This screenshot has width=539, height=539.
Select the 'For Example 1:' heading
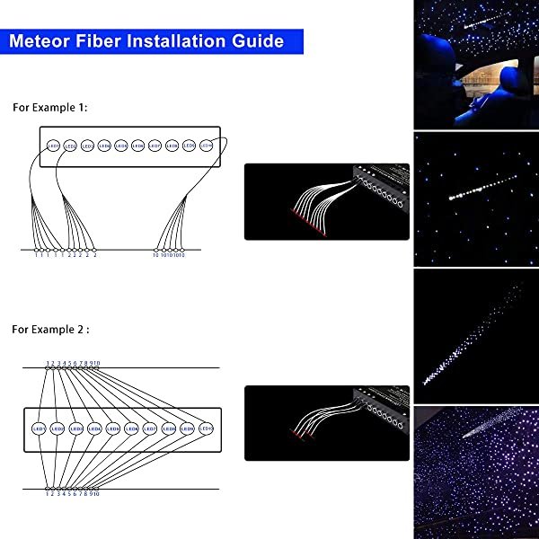(x=49, y=107)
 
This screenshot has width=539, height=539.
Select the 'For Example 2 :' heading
(x=50, y=330)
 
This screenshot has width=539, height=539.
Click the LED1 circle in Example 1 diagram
(x=53, y=145)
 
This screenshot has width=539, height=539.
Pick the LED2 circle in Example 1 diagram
(x=70, y=145)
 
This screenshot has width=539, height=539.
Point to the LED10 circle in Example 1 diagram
(x=207, y=145)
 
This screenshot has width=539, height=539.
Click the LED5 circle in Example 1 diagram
(x=121, y=145)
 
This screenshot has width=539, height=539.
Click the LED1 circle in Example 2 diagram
(x=40, y=429)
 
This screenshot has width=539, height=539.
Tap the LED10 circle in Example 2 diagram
(x=207, y=429)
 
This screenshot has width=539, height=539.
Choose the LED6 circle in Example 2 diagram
(x=132, y=429)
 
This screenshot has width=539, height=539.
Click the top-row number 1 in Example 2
(x=48, y=363)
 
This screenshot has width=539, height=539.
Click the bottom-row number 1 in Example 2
(x=48, y=494)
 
